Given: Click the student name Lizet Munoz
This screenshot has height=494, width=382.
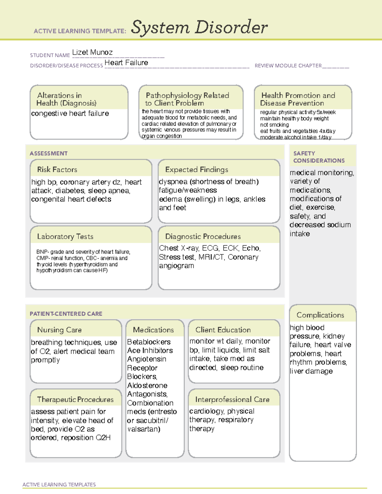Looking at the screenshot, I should click(x=92, y=52).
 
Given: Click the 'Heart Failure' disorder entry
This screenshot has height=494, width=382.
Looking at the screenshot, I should click(x=126, y=63).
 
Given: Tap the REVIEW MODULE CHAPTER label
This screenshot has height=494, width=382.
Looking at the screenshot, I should click(x=288, y=66).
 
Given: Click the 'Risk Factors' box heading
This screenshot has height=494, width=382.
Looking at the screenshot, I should click(x=57, y=170).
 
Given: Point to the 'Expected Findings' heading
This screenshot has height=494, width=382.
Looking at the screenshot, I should click(x=196, y=170).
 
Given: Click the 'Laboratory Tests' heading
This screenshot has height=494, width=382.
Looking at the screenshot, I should click(x=65, y=236).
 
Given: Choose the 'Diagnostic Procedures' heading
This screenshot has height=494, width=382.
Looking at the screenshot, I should click(x=203, y=236).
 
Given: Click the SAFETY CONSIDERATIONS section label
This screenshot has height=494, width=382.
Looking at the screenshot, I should click(x=319, y=157).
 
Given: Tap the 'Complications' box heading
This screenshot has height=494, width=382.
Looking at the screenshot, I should click(x=320, y=315).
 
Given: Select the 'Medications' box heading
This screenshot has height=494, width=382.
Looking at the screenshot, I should click(x=153, y=330).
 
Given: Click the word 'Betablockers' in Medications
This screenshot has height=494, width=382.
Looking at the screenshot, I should click(x=149, y=342).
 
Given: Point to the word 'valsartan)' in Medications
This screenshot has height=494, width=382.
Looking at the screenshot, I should click(x=144, y=429).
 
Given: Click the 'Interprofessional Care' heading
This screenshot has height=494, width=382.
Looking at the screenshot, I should click(x=232, y=399).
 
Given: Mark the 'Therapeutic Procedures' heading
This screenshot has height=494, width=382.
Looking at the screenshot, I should click(x=75, y=399).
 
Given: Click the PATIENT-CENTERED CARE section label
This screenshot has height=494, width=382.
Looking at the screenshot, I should click(x=66, y=314).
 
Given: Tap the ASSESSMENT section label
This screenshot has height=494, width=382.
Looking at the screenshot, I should click(x=48, y=153).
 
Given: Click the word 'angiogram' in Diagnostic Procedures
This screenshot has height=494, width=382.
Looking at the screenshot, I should click(x=176, y=266).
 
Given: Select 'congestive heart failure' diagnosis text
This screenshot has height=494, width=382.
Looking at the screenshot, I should click(x=70, y=114).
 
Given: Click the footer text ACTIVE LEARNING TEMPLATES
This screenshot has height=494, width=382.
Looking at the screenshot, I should click(x=59, y=484).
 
